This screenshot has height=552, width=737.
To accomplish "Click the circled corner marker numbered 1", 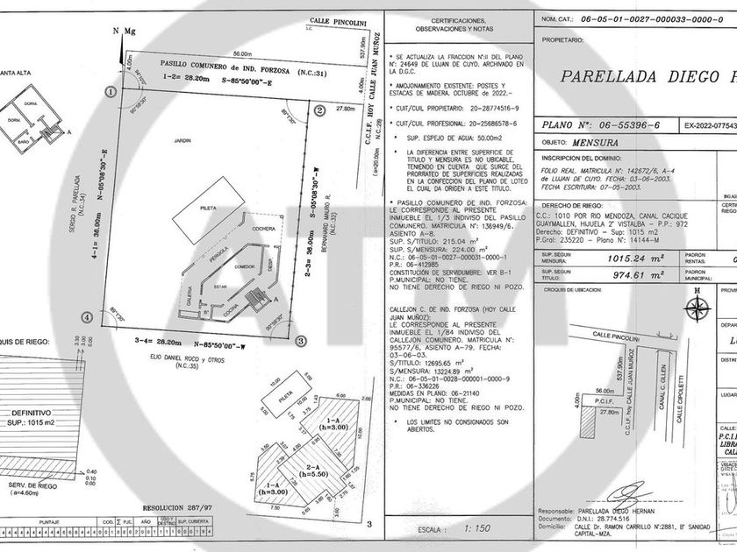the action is tap(111, 91).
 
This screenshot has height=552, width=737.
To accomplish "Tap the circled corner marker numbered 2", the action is tap(319, 110).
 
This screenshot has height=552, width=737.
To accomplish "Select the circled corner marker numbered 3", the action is tap(300, 341).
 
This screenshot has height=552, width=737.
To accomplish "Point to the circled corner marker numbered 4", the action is tap(86, 317).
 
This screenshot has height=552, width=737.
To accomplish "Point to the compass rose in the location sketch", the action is tap(697, 307).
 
